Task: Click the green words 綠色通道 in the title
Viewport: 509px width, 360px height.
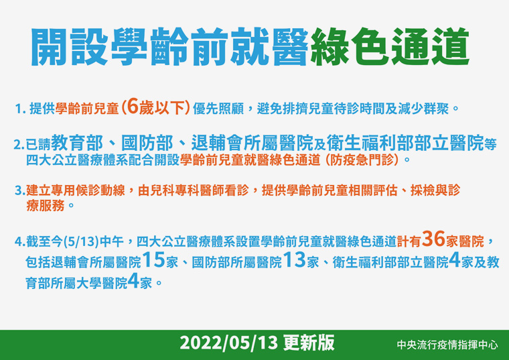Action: click(390, 47)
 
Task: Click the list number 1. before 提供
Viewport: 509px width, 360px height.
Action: click(21, 109)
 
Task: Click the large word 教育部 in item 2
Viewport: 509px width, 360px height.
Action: click(76, 143)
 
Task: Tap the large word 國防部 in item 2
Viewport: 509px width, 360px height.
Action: click(147, 143)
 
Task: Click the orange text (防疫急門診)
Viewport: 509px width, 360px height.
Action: click(362, 160)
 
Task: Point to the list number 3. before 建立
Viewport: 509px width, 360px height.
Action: click(20, 190)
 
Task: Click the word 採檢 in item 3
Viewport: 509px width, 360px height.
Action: click(423, 190)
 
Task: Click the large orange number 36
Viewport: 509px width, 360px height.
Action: click(433, 239)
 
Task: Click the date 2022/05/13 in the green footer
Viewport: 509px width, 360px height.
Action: click(229, 343)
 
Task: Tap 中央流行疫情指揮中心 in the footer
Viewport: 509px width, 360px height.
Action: click(447, 345)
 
